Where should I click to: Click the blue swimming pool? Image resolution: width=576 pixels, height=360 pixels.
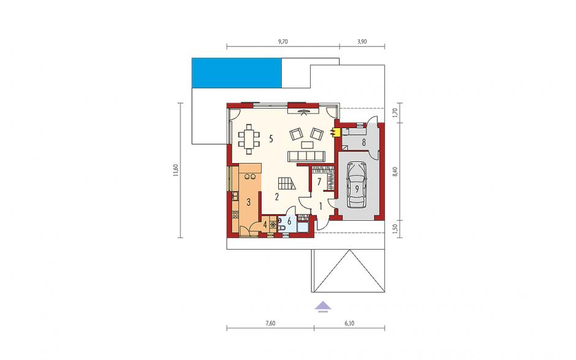point(237,73)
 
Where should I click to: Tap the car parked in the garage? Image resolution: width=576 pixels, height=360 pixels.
point(357,186)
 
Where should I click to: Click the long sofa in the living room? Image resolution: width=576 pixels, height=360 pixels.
point(306,156)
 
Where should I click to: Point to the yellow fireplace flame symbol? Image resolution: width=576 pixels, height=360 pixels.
point(335,132)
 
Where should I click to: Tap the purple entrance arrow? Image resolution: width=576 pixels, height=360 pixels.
point(322,307)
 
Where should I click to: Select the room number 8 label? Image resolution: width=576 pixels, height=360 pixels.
point(363,143)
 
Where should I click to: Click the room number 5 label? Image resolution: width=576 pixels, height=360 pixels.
point(271,139)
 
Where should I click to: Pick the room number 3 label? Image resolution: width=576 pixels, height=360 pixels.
point(249,202)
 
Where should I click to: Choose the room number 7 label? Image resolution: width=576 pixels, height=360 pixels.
point(319,182)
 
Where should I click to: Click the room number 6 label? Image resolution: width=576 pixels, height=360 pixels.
point(289,221)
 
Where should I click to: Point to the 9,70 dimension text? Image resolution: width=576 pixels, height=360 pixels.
point(283,42)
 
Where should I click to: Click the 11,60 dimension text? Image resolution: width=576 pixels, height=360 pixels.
point(176,170)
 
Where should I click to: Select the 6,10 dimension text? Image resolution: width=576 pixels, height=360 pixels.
point(350,324)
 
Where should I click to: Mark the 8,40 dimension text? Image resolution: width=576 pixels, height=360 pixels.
point(395,172)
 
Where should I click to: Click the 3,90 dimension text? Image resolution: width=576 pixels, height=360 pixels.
point(362,42)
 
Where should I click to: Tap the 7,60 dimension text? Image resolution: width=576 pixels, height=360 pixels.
point(270,324)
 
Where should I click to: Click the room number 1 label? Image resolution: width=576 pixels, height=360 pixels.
point(320,206)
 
